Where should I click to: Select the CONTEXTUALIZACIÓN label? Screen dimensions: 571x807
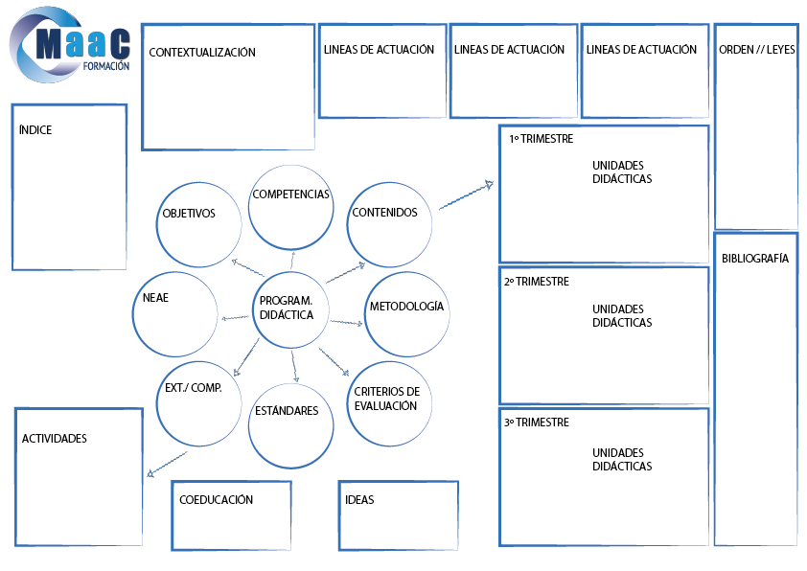coord(202,53)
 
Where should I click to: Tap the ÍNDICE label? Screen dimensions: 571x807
coord(35,130)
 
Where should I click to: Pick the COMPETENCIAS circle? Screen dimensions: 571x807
coord(290,205)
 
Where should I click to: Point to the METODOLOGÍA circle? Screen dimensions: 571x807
coord(407,314)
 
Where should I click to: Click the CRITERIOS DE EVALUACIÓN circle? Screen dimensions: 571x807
coord(389,403)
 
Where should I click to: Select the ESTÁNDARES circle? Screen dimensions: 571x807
coord(290,423)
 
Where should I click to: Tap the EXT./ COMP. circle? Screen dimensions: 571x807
coord(198,403)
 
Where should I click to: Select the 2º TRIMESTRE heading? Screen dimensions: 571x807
coord(537,282)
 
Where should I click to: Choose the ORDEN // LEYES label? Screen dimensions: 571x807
coord(756,50)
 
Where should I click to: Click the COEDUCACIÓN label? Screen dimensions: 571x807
coord(217,500)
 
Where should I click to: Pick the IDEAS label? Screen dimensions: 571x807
coord(359,500)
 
